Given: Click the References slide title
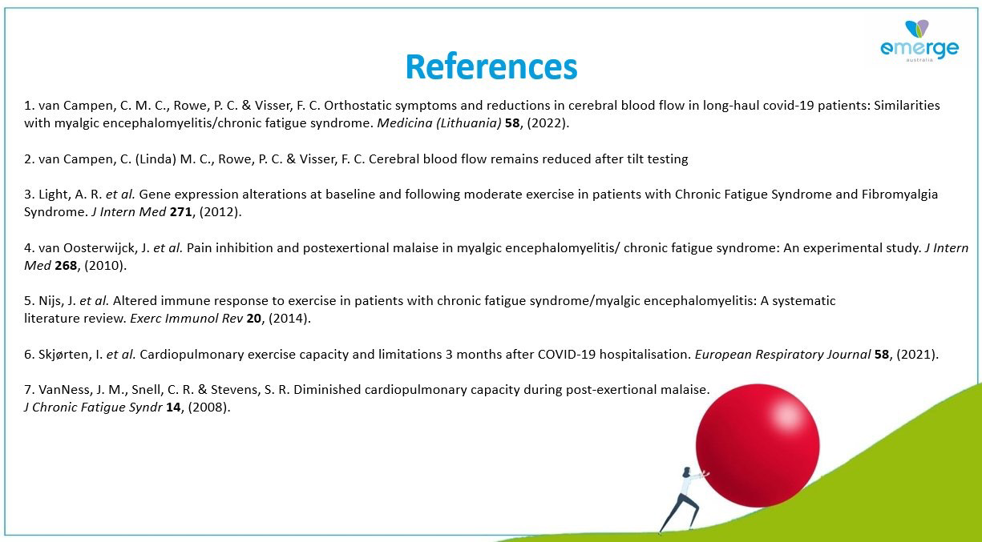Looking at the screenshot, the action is click(491, 66).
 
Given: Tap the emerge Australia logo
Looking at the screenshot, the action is click(919, 41).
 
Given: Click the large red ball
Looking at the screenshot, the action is click(758, 446).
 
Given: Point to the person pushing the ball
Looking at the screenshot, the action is click(683, 500).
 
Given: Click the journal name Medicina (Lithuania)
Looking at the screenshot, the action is click(438, 123).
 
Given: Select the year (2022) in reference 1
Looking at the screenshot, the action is click(548, 123).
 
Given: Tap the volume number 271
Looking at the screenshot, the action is click(180, 212).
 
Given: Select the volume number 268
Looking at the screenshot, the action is click(66, 265).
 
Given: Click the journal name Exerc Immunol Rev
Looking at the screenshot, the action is click(186, 319).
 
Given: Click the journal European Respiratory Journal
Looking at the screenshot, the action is click(782, 354).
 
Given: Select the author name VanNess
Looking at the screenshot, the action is click(63, 390).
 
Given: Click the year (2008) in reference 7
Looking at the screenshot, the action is click(208, 408).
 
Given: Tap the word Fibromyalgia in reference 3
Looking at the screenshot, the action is click(899, 195).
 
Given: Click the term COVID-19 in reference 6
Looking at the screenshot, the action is click(567, 354).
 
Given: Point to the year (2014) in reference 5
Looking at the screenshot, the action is click(289, 319).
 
